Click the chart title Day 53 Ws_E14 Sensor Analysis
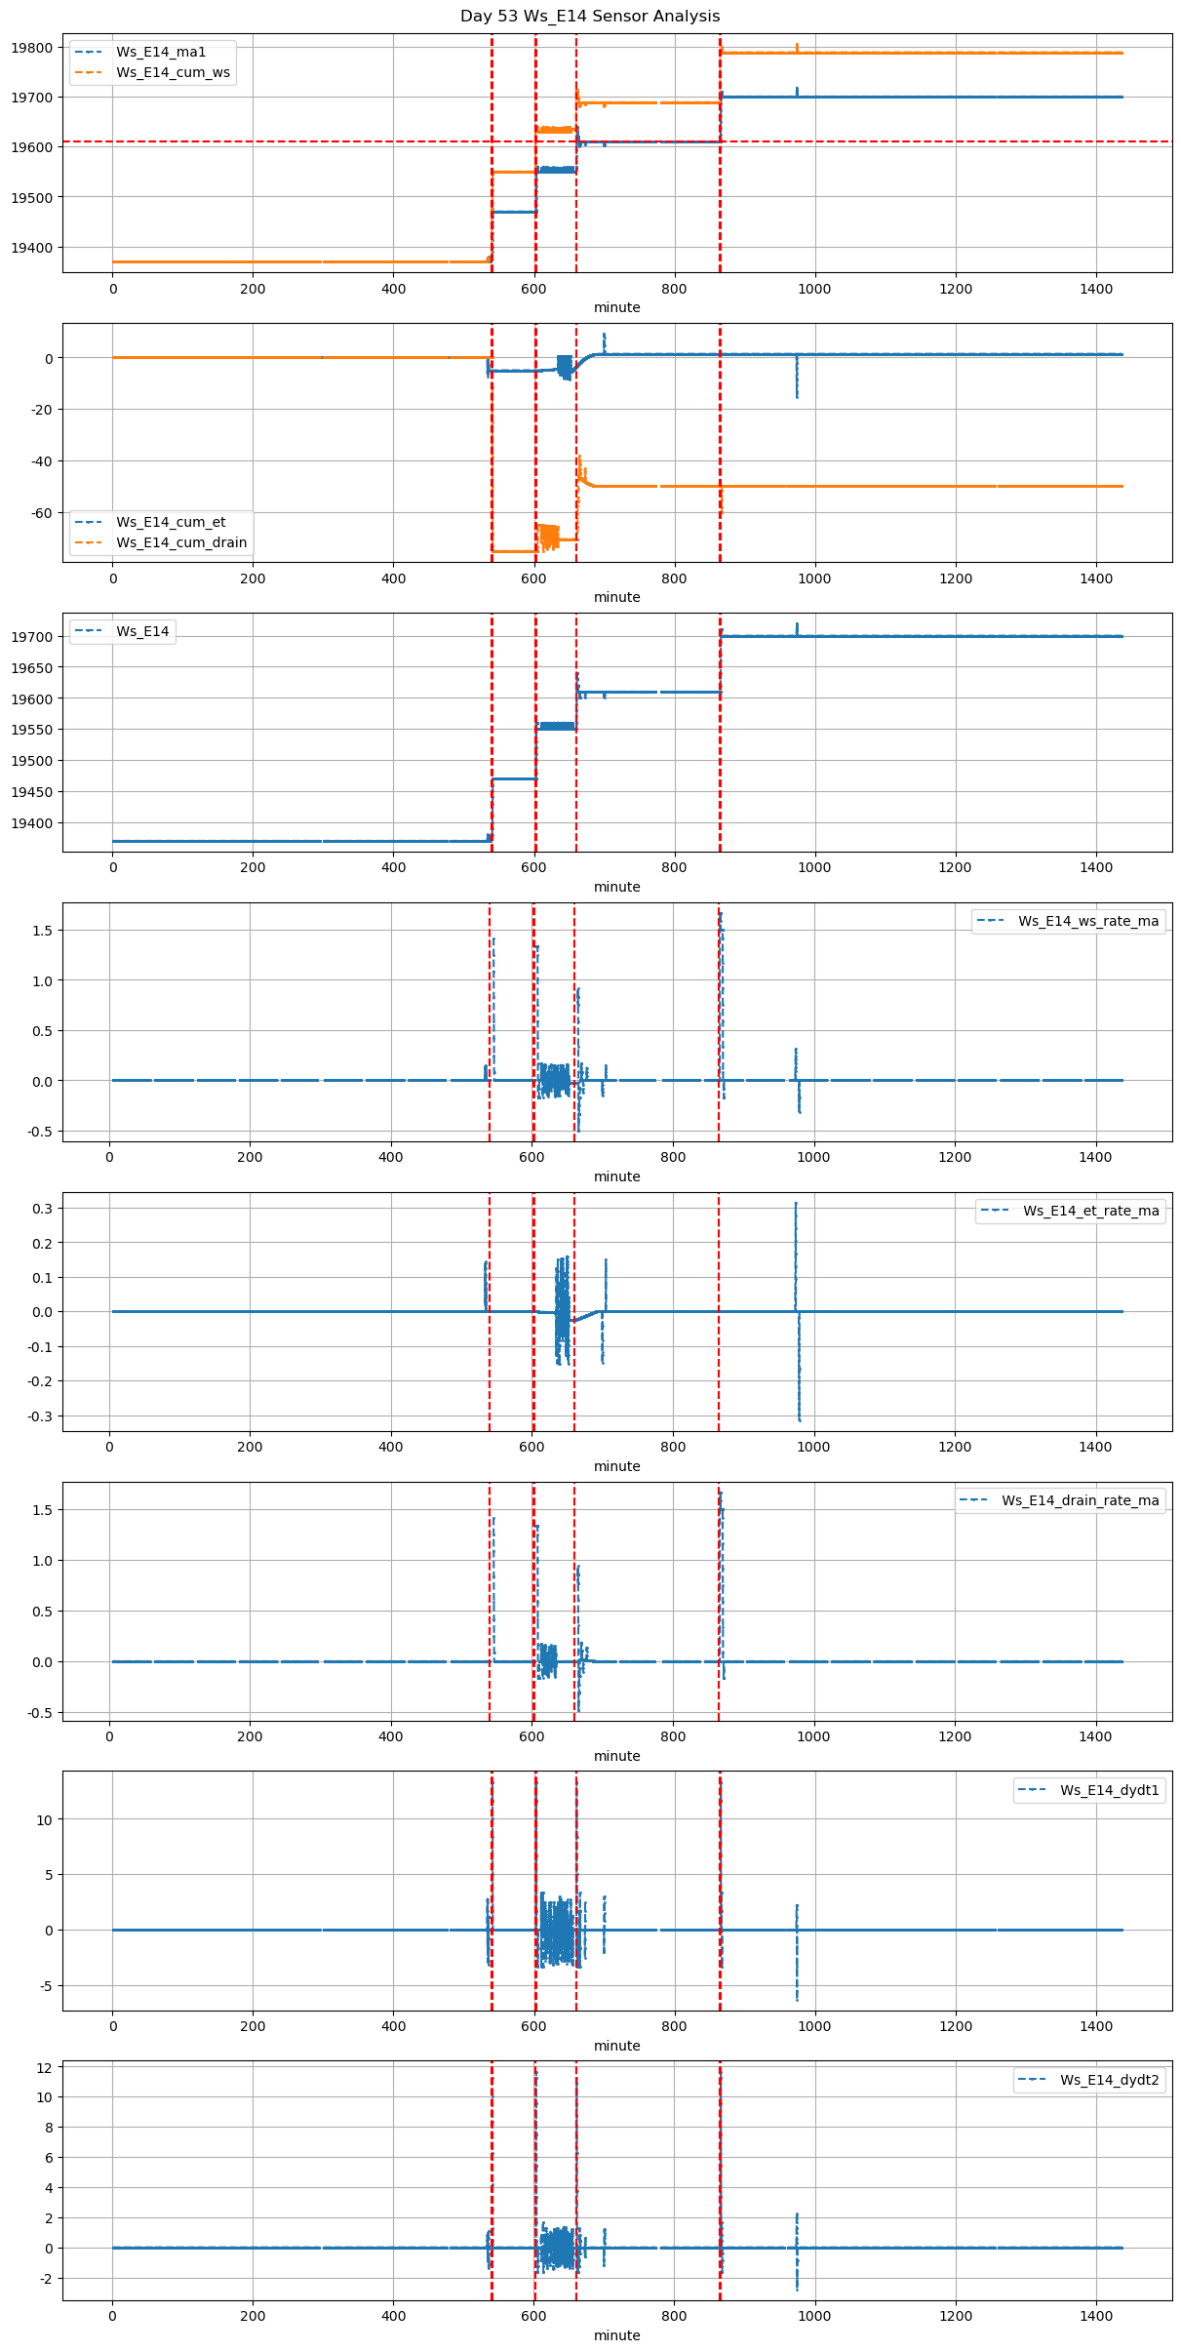(x=590, y=16)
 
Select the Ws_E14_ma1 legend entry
(x=161, y=52)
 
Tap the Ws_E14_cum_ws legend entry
(x=173, y=72)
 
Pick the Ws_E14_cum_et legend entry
(x=171, y=522)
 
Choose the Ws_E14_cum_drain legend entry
(x=181, y=542)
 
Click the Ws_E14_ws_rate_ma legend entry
(x=1088, y=921)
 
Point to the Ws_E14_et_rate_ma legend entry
(x=1090, y=1211)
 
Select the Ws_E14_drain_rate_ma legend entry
(x=1080, y=1500)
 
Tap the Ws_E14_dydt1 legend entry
(x=1109, y=1790)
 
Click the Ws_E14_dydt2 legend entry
(x=1109, y=2080)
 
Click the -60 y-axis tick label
(x=41, y=513)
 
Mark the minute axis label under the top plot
(x=616, y=307)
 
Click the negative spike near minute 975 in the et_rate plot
(x=799, y=1405)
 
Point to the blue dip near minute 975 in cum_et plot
(x=797, y=390)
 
